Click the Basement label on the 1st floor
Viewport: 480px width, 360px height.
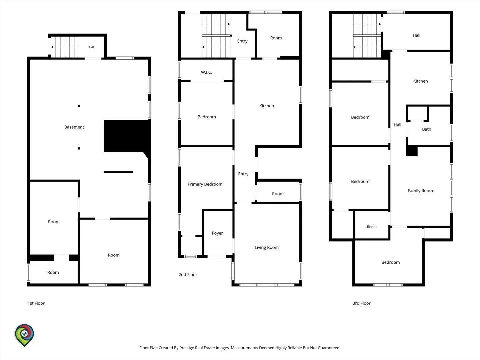(74, 127)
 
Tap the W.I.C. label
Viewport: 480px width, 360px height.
(206, 72)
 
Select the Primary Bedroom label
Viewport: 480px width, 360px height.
(205, 184)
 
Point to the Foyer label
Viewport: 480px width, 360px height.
(217, 233)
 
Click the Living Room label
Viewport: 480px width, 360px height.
(267, 247)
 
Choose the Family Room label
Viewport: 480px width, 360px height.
(420, 191)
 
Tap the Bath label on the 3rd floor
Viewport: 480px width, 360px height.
(426, 129)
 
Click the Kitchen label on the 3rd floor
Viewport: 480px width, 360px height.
(420, 81)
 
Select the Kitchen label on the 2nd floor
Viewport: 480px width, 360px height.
(267, 106)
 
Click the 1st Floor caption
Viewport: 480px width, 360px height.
(36, 303)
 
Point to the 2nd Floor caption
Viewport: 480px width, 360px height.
(188, 275)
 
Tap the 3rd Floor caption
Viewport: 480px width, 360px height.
(361, 303)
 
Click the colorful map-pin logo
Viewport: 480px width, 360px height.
(24, 335)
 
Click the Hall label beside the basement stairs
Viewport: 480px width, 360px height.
(92, 47)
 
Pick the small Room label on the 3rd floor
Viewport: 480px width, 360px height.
(372, 227)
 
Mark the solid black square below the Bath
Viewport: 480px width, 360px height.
(412, 151)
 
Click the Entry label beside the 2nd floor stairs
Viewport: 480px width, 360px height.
(242, 41)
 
